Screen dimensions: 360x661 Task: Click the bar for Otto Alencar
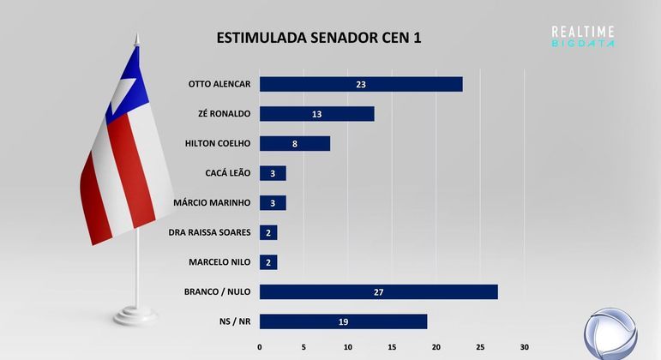360,84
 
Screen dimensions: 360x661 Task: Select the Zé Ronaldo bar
316,113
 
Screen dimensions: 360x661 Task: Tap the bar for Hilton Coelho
294,143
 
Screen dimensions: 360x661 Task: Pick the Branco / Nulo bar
378,291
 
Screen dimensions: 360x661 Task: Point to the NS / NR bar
343,321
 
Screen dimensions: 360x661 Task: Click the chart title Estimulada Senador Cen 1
319,38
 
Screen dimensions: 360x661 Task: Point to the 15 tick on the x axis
392,347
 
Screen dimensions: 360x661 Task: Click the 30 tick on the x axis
525,347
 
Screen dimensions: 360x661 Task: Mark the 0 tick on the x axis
260,347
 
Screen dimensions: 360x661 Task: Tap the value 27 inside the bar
378,292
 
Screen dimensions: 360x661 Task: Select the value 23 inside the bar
361,84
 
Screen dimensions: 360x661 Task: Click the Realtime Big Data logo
583,36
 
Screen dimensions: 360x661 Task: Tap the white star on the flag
124,86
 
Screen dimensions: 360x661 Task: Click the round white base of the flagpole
136,315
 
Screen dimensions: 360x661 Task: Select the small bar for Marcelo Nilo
268,262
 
